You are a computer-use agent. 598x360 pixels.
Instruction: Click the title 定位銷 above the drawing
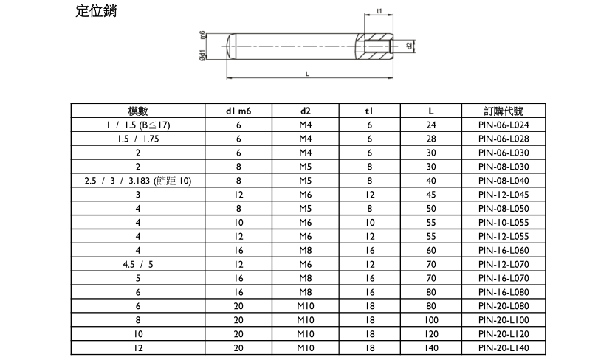tap(96, 10)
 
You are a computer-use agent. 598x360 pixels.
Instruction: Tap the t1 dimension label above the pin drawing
tap(379, 11)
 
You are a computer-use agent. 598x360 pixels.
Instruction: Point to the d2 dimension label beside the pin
tap(409, 46)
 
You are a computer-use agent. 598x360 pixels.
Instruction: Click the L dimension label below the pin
tap(307, 74)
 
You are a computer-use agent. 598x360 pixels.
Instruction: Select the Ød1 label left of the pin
tap(202, 55)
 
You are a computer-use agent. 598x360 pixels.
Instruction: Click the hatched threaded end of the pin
tap(374, 46)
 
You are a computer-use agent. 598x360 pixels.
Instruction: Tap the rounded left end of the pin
tap(232, 46)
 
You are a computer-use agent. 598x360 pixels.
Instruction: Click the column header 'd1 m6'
tap(238, 111)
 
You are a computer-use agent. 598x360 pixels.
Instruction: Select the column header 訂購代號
tap(504, 111)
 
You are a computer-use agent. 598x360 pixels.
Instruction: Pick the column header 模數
tap(138, 111)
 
